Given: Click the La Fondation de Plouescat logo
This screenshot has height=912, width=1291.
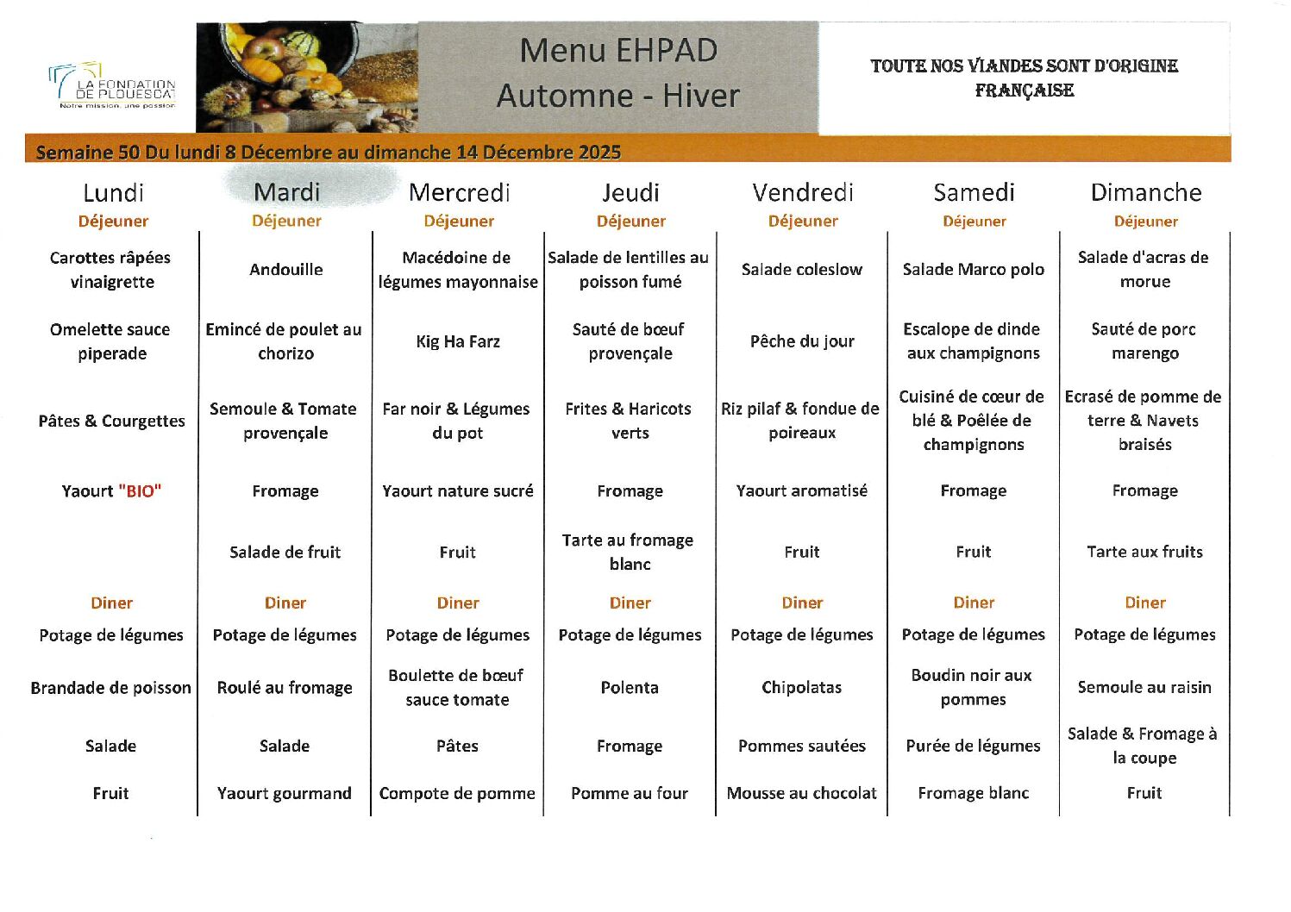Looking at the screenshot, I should coord(112,86).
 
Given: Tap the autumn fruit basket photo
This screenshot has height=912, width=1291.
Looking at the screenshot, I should coord(306,78).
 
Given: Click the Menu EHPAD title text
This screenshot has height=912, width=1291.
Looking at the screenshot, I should coord(618,50).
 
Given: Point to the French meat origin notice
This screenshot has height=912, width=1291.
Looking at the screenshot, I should coord(1024,78).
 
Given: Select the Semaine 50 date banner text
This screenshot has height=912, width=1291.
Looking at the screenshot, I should coord(328,153).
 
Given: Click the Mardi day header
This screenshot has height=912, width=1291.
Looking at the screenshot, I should coord(286,192).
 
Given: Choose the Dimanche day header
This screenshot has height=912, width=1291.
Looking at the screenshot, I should coord(1145,192).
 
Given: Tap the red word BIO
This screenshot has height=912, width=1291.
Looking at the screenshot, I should coord(140,491).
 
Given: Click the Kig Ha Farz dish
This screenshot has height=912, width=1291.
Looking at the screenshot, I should coord(457,341).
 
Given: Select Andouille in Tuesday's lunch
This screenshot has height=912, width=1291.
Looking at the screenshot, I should coord(285,270).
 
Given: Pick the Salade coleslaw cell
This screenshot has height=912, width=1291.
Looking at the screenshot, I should coord(801,270).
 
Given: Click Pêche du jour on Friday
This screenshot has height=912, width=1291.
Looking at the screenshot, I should coord(801,341).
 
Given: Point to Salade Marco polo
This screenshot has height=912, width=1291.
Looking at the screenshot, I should coord(973,270).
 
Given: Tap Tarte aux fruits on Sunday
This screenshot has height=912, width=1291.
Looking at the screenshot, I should coord(1144,552).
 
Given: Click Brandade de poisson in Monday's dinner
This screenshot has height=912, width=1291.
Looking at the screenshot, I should coord(110,688).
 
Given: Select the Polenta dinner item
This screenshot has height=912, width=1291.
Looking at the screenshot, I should coord(630,688).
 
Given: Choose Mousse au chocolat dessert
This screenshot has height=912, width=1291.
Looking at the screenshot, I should coord(801,793).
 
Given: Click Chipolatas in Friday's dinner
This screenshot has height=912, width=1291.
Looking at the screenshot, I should coord(801,688).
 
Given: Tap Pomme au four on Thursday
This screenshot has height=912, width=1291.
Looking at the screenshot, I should coord(630,793).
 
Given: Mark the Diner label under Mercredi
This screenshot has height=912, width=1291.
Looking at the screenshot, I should coord(457,603).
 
